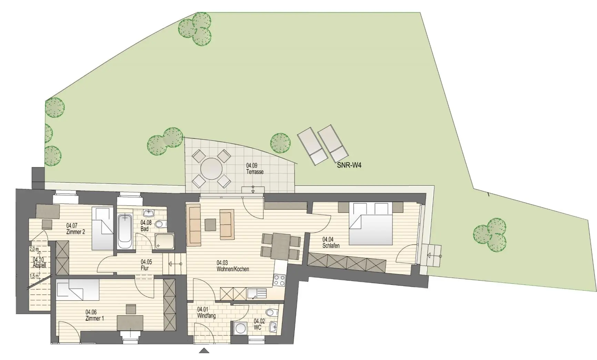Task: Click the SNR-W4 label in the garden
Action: click(x=349, y=166)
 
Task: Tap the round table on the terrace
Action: click(x=212, y=169)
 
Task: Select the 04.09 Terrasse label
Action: click(x=255, y=169)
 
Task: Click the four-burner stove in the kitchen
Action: click(x=279, y=280)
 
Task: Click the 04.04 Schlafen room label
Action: click(x=331, y=242)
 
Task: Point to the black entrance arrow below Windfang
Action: click(x=204, y=351)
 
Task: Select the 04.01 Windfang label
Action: click(x=206, y=313)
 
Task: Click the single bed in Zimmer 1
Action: click(x=78, y=288)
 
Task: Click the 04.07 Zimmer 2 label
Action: click(x=75, y=229)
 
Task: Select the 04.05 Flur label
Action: click(x=146, y=265)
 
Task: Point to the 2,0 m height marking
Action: click(x=34, y=249)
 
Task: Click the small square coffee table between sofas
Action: click(x=210, y=225)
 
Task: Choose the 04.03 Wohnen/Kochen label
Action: click(x=233, y=266)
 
